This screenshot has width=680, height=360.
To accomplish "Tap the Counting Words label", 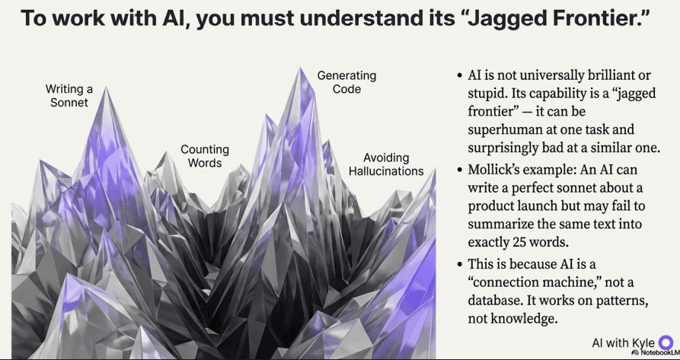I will point(205,156).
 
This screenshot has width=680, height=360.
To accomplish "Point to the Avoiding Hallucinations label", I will point(386,164).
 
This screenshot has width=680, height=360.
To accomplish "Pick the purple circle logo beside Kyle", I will point(666,342).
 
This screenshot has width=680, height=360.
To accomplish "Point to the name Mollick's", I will point(499,170).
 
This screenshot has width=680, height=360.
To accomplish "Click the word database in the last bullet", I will point(496,284).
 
